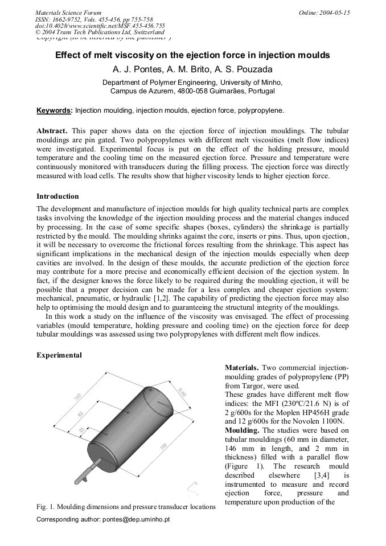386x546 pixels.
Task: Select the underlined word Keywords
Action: pyautogui.click(x=55, y=110)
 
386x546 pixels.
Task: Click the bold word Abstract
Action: pyautogui.click(x=52, y=130)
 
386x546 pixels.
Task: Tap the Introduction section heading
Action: pyautogui.click(x=58, y=196)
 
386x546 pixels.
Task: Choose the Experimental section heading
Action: pyautogui.click(x=59, y=355)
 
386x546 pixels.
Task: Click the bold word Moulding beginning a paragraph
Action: pyautogui.click(x=243, y=430)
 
